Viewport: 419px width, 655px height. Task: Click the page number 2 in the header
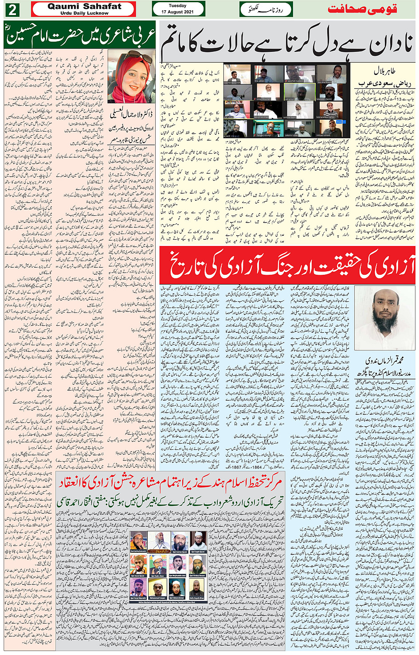click(x=12, y=9)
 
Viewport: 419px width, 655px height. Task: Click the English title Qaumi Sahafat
click(x=84, y=6)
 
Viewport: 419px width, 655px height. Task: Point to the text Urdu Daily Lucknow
click(x=84, y=13)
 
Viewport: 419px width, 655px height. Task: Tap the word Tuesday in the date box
click(x=177, y=6)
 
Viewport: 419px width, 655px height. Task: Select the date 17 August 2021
click(x=177, y=12)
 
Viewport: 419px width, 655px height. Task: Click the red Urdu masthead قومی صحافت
click(x=362, y=9)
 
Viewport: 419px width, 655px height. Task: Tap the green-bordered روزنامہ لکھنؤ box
click(x=266, y=9)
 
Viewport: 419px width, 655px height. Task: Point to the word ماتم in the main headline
click(x=177, y=43)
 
